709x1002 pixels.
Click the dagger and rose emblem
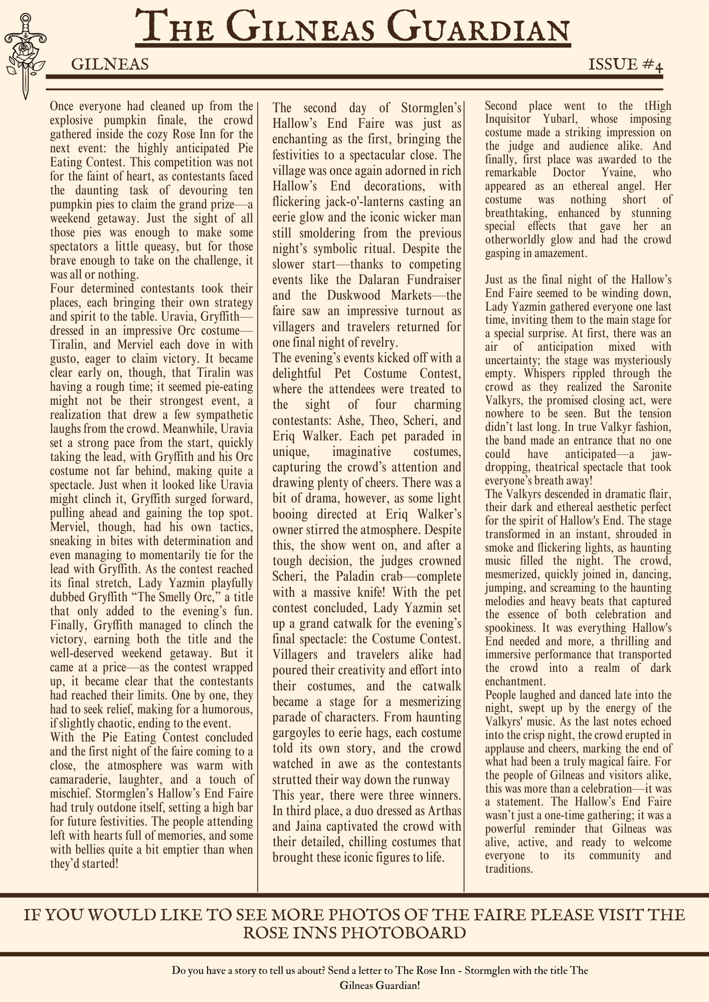[x=24, y=55]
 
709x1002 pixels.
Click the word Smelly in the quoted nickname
[x=166, y=597]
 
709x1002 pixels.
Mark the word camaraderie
[x=79, y=780]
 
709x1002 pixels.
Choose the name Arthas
[x=442, y=811]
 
